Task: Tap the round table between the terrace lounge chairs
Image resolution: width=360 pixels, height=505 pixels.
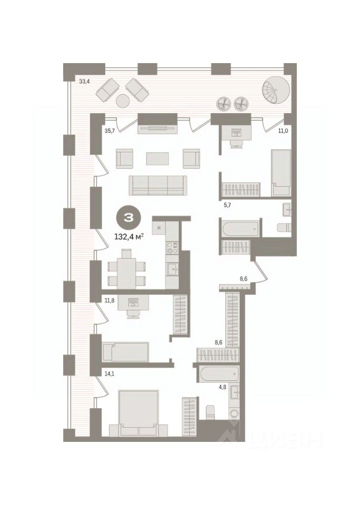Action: pyautogui.click(x=123, y=101)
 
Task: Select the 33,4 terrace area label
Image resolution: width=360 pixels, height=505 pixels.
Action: pyautogui.click(x=84, y=82)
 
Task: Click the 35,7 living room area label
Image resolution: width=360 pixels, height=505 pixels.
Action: pyautogui.click(x=110, y=131)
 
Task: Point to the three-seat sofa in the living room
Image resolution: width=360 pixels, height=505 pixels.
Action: pyautogui.click(x=158, y=186)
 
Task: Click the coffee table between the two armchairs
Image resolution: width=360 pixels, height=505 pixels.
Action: pyautogui.click(x=157, y=158)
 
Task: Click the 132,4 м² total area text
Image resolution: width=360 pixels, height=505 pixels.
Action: pyautogui.click(x=129, y=237)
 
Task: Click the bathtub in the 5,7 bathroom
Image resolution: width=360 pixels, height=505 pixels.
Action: pyautogui.click(x=241, y=228)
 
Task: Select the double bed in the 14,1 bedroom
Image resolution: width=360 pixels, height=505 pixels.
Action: pyautogui.click(x=138, y=413)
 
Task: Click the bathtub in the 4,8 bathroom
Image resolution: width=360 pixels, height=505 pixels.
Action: pyautogui.click(x=219, y=375)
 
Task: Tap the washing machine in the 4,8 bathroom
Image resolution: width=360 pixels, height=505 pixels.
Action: pyautogui.click(x=234, y=412)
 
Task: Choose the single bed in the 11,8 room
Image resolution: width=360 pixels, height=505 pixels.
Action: pyautogui.click(x=125, y=352)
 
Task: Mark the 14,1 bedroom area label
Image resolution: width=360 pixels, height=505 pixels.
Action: pyautogui.click(x=110, y=373)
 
